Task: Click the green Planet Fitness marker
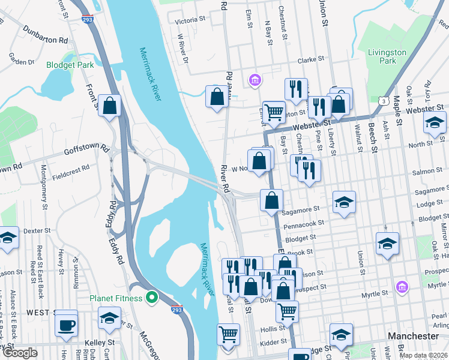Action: (x=153, y=298)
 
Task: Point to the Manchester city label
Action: (x=414, y=336)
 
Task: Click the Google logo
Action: (x=20, y=353)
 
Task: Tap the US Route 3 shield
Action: (x=382, y=100)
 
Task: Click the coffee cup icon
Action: (x=66, y=325)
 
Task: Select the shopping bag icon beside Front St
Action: (x=110, y=106)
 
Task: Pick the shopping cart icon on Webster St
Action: (x=274, y=111)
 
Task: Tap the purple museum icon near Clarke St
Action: (x=255, y=79)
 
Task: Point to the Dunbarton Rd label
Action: (x=46, y=34)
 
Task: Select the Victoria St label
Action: (x=190, y=20)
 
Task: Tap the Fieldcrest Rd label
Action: (x=70, y=178)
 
